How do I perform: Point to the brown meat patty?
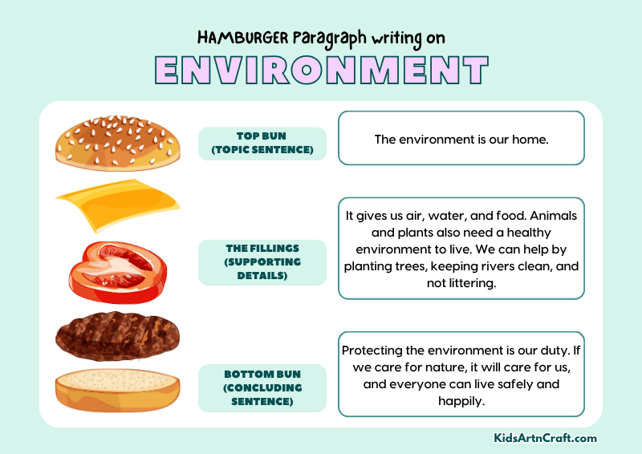tap(116, 334)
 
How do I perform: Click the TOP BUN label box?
tap(262, 143)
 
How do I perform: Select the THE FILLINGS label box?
tap(262, 262)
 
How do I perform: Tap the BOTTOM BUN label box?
tap(262, 387)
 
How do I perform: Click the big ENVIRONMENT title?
tap(321, 71)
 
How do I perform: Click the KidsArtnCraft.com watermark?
tap(545, 438)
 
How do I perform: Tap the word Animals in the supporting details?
tap(549, 217)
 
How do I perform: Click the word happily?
tap(461, 401)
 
